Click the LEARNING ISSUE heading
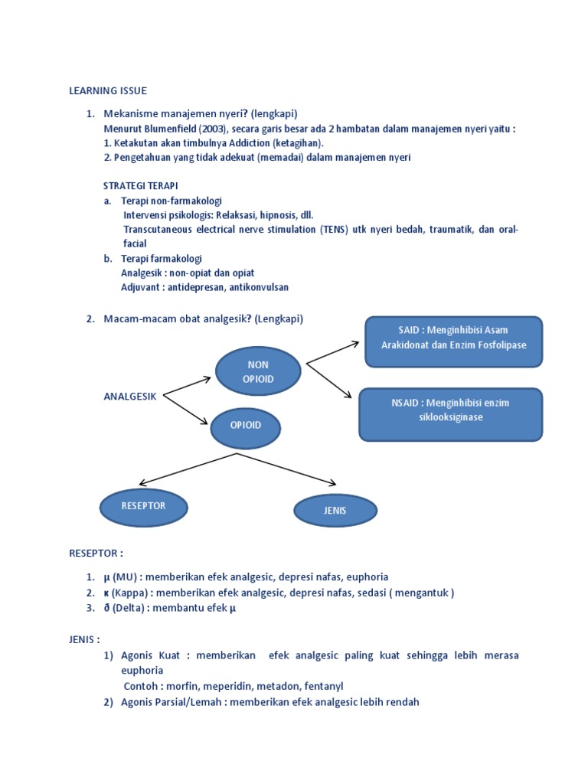[108, 91]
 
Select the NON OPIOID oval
[257, 371]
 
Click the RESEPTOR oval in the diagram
[143, 506]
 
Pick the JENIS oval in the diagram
[335, 511]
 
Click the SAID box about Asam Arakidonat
[454, 338]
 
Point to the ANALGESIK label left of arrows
[130, 396]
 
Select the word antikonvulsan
[259, 287]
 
